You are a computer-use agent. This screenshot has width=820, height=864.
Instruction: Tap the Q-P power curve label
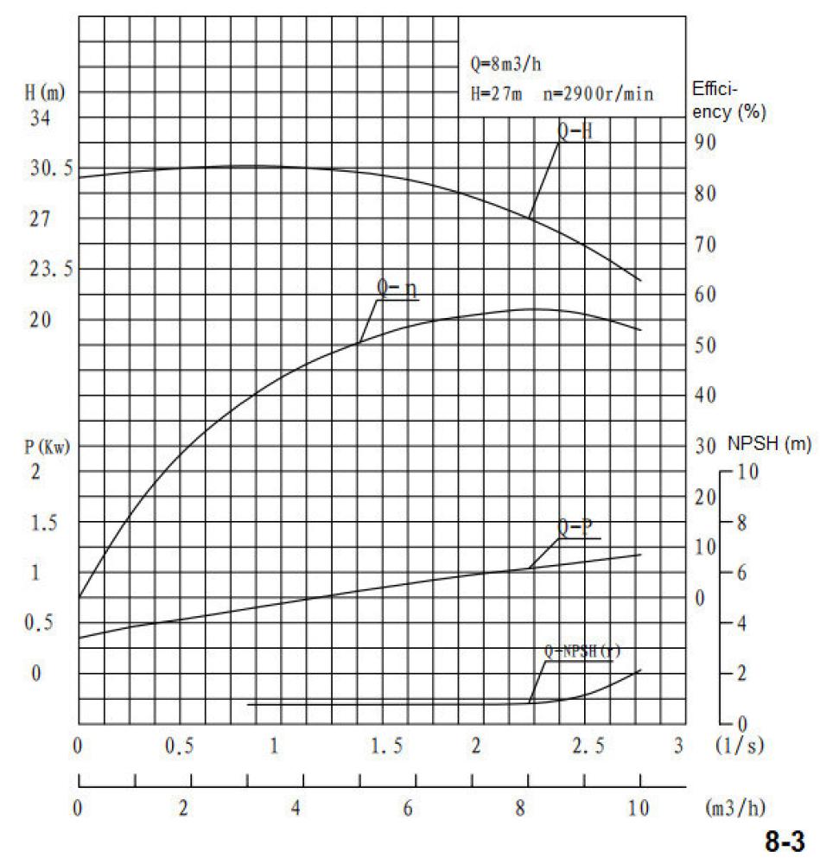575,527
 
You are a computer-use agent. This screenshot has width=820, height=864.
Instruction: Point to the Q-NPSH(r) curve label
582,651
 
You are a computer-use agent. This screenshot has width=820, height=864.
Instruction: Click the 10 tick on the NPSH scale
748,472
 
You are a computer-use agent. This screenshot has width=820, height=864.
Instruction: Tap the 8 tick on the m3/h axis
520,810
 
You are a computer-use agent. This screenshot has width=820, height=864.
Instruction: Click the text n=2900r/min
598,92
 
